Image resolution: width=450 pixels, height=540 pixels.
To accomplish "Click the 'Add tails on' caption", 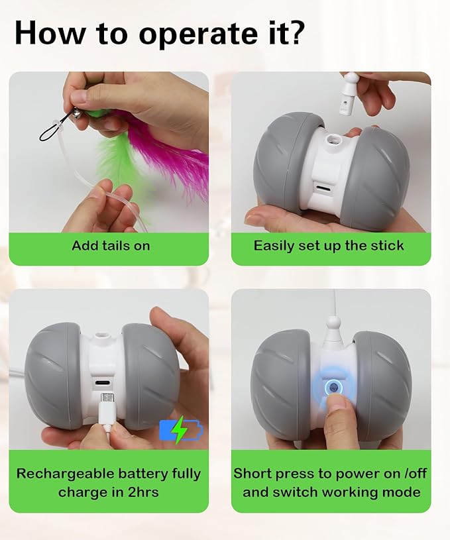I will tap(111, 246).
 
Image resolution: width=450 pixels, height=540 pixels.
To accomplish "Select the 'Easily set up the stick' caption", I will tap(329, 246).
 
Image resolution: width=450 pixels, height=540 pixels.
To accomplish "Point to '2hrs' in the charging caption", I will tap(141, 492).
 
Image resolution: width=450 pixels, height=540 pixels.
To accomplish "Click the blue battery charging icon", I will tap(181, 431).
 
